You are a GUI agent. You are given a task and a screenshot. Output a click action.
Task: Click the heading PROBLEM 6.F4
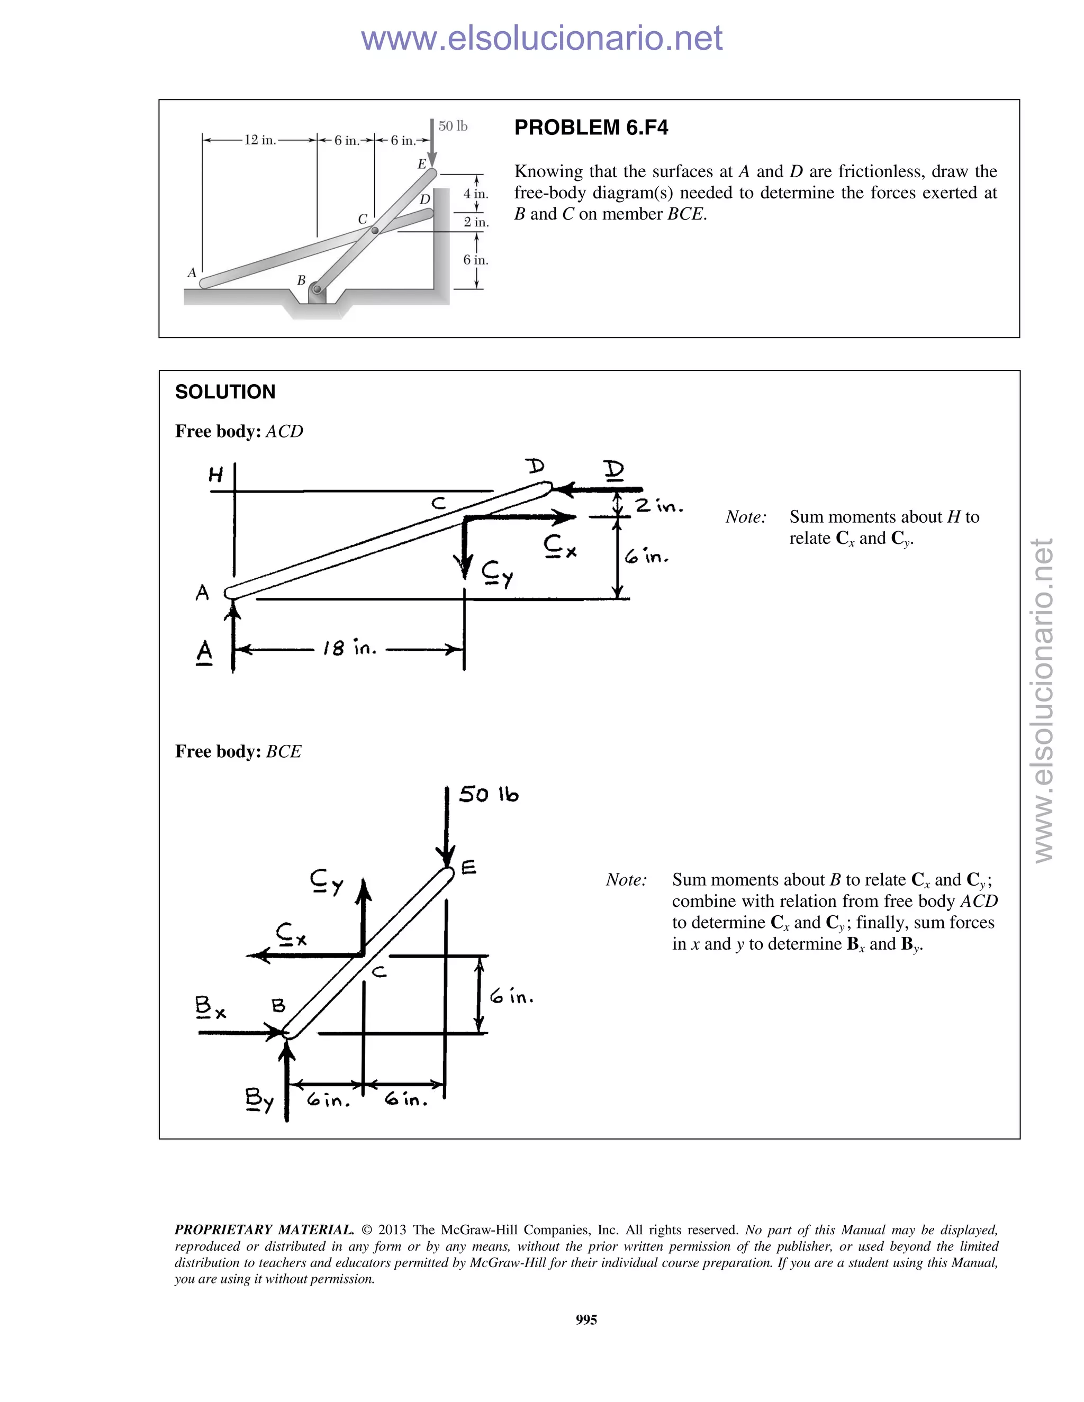click(x=591, y=128)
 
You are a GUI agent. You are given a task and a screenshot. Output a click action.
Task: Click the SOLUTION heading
click(x=225, y=392)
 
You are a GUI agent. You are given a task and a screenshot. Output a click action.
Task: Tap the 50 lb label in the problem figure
click(x=453, y=126)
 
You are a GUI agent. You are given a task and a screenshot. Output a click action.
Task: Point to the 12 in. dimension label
click(x=259, y=140)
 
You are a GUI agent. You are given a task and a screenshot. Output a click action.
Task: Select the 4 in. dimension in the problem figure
click(x=476, y=194)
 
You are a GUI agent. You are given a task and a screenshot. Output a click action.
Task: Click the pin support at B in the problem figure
click(x=317, y=290)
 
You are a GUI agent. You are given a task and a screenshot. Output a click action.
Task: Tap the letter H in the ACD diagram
click(x=216, y=475)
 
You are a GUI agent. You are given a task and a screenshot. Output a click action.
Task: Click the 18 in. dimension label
click(x=349, y=649)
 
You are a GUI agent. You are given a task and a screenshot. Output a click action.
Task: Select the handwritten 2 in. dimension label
click(x=660, y=506)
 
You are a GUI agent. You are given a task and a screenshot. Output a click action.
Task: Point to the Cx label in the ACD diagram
click(x=559, y=547)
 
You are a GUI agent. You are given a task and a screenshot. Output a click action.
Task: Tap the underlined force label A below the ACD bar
click(x=204, y=652)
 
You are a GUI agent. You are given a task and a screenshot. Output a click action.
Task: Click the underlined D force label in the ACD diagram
click(x=614, y=470)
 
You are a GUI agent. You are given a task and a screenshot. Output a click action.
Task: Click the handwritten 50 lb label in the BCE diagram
click(x=488, y=795)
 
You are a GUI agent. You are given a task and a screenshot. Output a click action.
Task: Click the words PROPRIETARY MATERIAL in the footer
click(x=264, y=1230)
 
